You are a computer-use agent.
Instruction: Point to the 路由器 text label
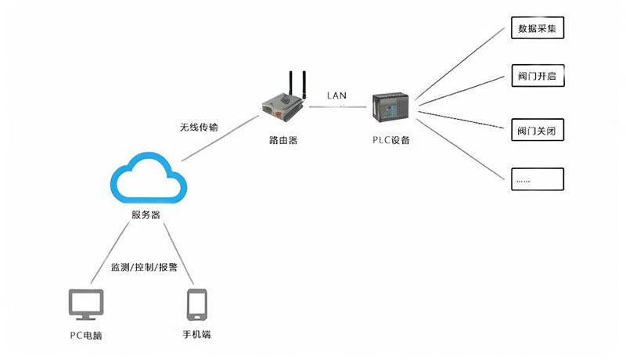coord(282,141)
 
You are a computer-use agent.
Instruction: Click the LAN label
coord(338,95)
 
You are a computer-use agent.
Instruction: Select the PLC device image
coord(392,108)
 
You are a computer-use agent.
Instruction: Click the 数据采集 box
coord(537,30)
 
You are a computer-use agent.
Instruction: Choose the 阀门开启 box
coord(537,78)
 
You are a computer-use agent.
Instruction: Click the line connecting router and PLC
coord(338,107)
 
